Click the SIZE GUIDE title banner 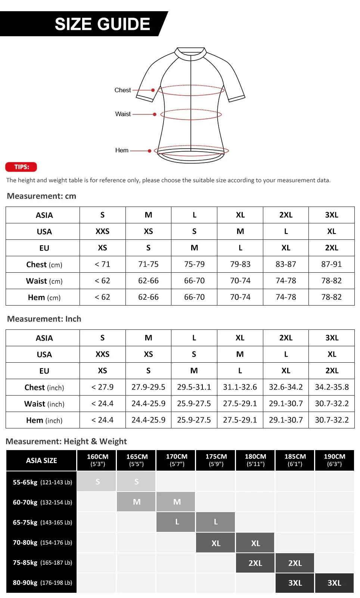coord(102,24)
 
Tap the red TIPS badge coord(21,167)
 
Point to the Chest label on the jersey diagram coord(122,90)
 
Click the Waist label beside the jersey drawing coord(123,114)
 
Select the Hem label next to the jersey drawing coord(122,150)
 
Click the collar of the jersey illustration coord(191,52)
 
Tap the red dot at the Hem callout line coord(150,151)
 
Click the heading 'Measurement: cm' coord(41,196)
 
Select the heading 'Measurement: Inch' coord(44,319)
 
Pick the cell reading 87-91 coord(331,264)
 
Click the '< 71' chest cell coord(102,264)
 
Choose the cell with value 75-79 coord(194,264)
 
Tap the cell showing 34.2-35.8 coord(332,387)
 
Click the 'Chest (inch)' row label coord(44,387)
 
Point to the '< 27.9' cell coord(102,387)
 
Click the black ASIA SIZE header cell coord(41,461)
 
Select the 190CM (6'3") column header coord(334,460)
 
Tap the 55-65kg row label coord(42,482)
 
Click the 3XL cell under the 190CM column coord(334,583)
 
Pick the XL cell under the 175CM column coord(216,543)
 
